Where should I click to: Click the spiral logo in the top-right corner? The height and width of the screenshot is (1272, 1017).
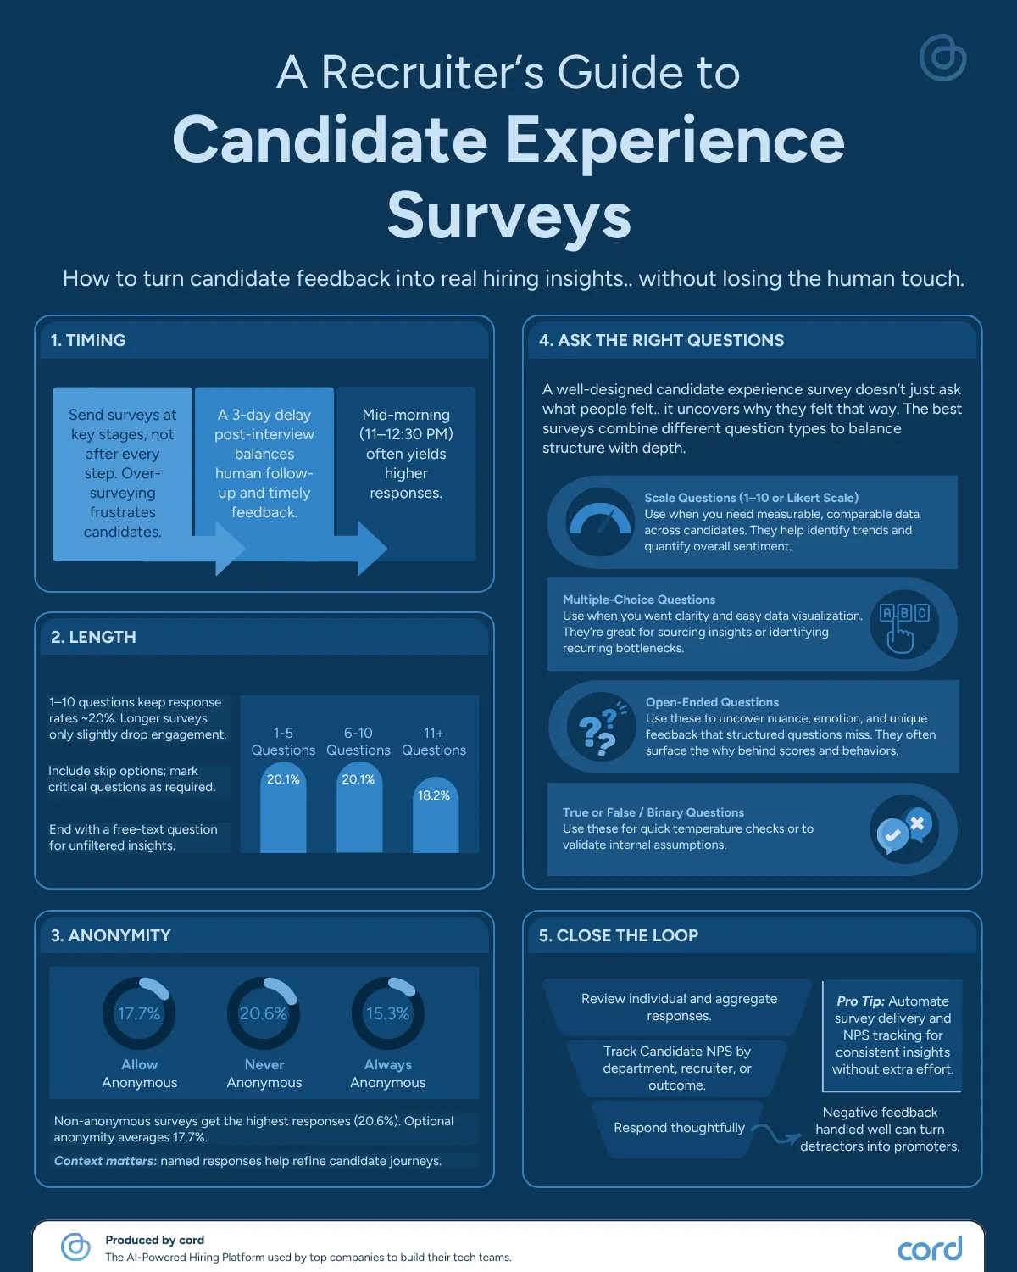942,58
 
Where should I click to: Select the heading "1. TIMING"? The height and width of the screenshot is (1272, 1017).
88,340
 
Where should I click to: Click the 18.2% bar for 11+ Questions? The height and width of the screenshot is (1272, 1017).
435,815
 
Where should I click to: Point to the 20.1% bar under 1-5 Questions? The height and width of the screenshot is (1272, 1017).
283,806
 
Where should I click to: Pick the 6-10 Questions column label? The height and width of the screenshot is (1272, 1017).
358,741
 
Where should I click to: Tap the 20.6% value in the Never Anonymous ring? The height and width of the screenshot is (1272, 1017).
263,1013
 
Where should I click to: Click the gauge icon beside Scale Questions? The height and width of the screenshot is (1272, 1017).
599,522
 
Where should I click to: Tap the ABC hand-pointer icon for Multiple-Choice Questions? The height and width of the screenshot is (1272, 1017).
904,625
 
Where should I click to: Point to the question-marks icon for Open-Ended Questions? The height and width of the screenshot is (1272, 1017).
600,727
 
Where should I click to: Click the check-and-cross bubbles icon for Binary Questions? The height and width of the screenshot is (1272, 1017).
904,828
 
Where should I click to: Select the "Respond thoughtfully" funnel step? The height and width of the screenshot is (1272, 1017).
678,1128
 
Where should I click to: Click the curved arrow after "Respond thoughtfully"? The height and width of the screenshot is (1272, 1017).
776,1134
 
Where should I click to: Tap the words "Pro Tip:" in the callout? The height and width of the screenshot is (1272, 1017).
860,1001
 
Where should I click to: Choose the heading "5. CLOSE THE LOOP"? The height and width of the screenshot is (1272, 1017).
618,935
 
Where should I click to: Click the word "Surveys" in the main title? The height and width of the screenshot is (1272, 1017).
509,215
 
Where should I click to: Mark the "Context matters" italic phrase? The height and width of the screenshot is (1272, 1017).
105,1161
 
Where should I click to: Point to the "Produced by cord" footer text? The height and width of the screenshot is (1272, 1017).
155,1240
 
